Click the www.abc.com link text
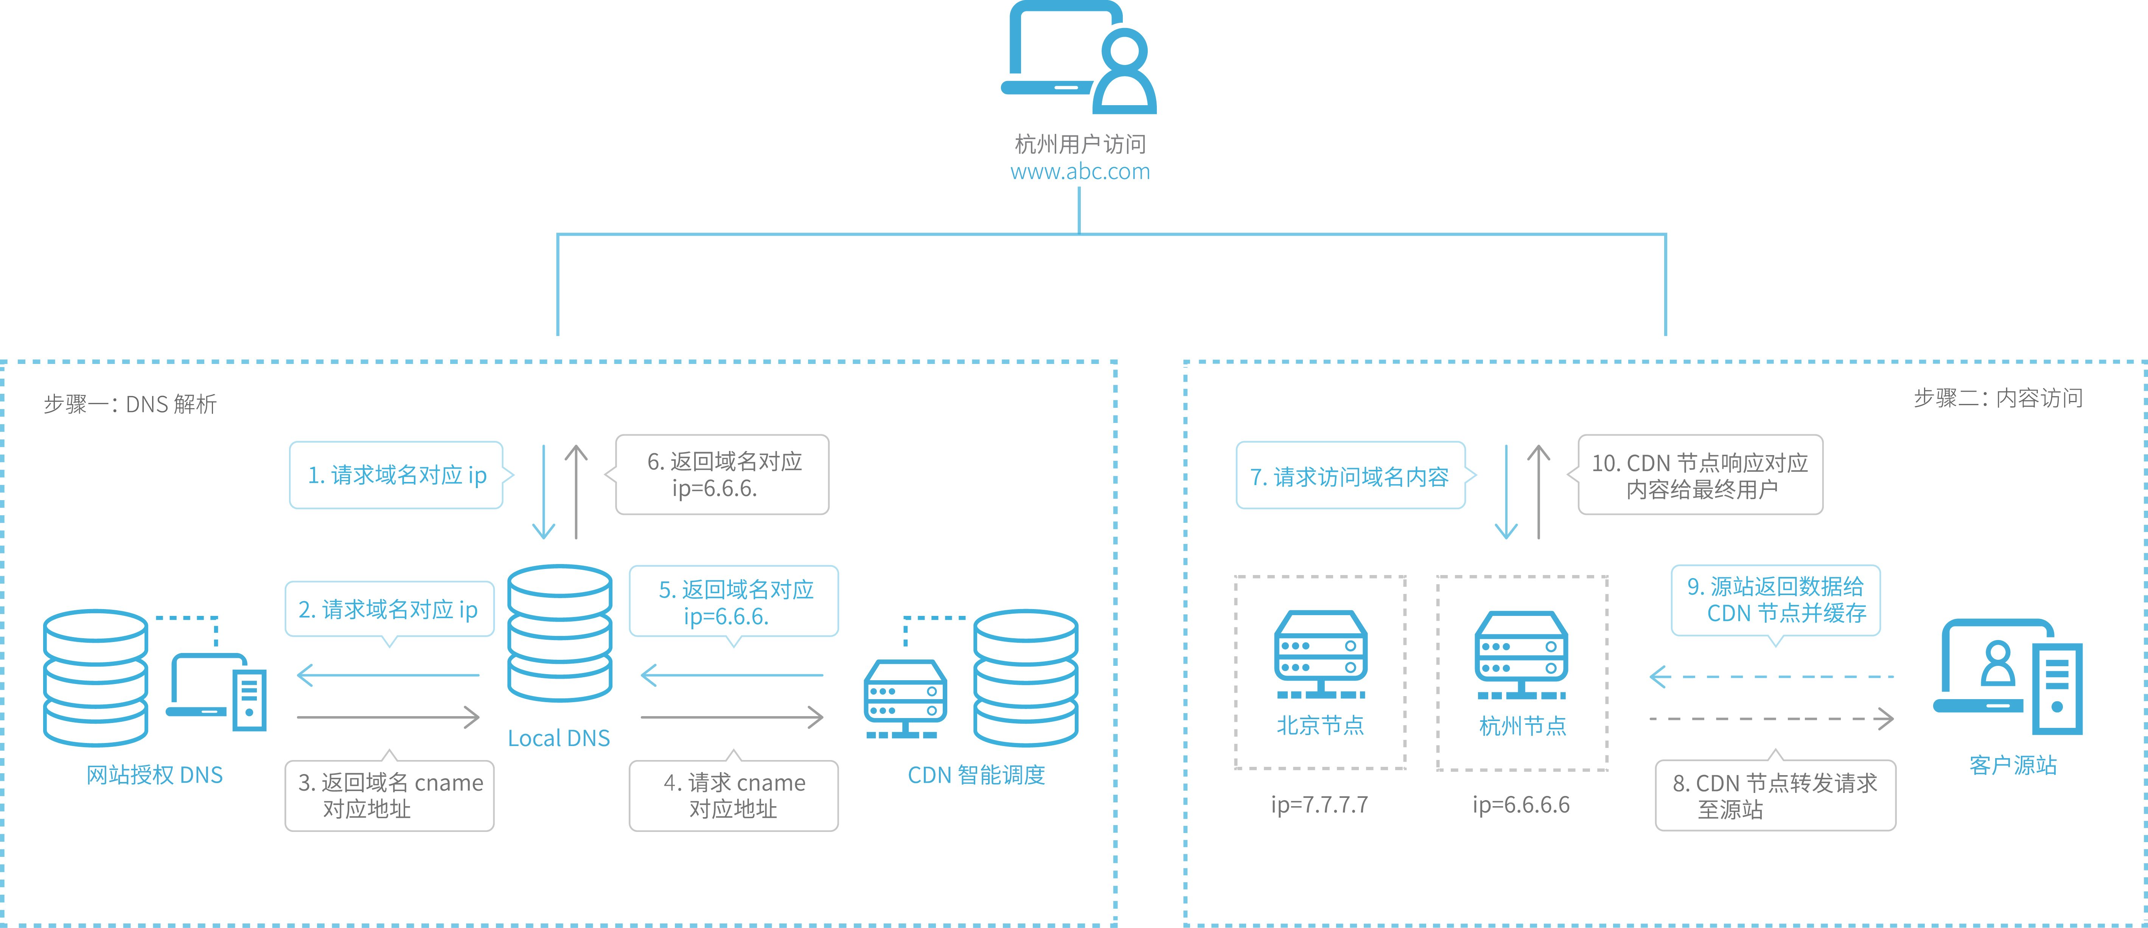tap(1080, 172)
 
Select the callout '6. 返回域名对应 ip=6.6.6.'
tap(722, 474)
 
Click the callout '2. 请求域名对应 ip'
tap(389, 609)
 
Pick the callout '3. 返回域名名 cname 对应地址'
tap(389, 796)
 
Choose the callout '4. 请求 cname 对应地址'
tap(734, 796)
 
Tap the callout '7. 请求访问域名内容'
tap(1350, 476)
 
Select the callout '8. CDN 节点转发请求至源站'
tap(1775, 796)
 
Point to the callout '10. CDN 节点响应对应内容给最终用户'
tap(1700, 475)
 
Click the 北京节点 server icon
tap(1320, 654)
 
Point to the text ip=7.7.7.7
tap(1319, 805)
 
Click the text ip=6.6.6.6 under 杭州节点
tap(1521, 805)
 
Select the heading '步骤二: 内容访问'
tap(1998, 398)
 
